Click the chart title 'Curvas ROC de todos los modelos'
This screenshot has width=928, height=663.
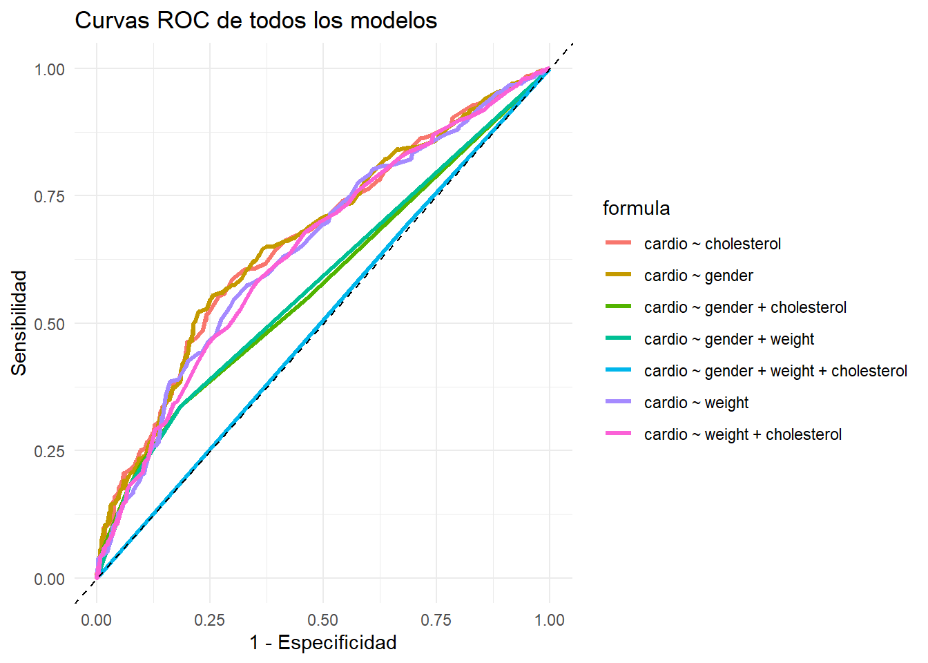tap(255, 21)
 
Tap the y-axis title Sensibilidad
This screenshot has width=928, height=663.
tap(19, 323)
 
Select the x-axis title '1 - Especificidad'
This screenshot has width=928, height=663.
tap(323, 643)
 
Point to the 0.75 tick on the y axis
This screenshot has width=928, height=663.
tap(49, 196)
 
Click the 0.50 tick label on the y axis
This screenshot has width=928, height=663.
tap(49, 324)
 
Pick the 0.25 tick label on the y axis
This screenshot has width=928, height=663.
tap(49, 451)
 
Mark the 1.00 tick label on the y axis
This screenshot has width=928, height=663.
tap(49, 69)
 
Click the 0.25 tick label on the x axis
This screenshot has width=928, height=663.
tap(209, 620)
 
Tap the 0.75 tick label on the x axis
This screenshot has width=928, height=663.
tap(436, 620)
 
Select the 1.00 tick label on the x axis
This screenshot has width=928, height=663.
tap(550, 620)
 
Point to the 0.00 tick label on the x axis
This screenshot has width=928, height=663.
tap(96, 620)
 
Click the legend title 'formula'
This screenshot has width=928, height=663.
tap(636, 209)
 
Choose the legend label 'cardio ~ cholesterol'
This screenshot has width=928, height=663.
tap(713, 244)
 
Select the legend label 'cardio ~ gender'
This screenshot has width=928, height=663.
tap(698, 276)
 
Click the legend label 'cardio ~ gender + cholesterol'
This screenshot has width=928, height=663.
tap(745, 307)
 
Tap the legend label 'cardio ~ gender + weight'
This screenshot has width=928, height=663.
tap(728, 339)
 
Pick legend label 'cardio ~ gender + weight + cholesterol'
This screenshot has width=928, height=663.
tap(775, 371)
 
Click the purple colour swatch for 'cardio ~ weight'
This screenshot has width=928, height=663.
tap(618, 402)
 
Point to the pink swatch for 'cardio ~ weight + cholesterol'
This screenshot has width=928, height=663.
tap(618, 434)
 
